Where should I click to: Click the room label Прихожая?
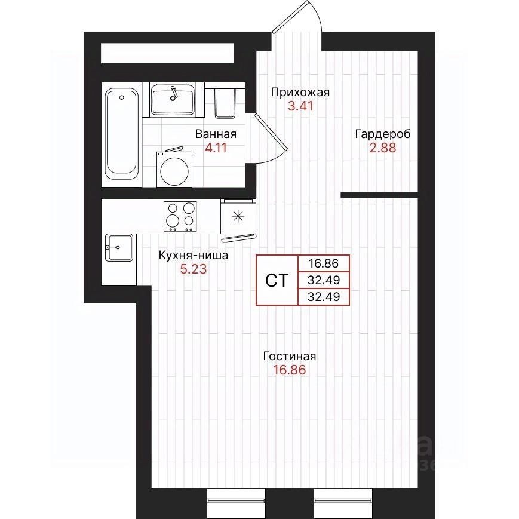point(300,93)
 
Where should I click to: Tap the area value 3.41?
point(300,106)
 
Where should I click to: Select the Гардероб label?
point(383,134)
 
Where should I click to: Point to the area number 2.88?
point(383,148)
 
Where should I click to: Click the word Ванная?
point(216,134)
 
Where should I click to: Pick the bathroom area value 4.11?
point(216,148)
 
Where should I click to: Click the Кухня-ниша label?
point(194,256)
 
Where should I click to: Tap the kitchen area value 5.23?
point(194,269)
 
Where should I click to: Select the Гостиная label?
point(290,356)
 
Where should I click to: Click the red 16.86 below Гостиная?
point(290,370)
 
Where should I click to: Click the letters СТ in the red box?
point(277,280)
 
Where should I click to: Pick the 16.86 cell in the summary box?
point(324,263)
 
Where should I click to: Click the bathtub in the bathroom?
point(121,134)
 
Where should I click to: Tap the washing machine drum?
point(174,171)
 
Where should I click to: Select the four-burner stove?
point(180,216)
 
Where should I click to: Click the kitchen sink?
point(119,247)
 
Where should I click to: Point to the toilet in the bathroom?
point(225,102)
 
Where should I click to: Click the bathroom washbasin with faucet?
point(172,99)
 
